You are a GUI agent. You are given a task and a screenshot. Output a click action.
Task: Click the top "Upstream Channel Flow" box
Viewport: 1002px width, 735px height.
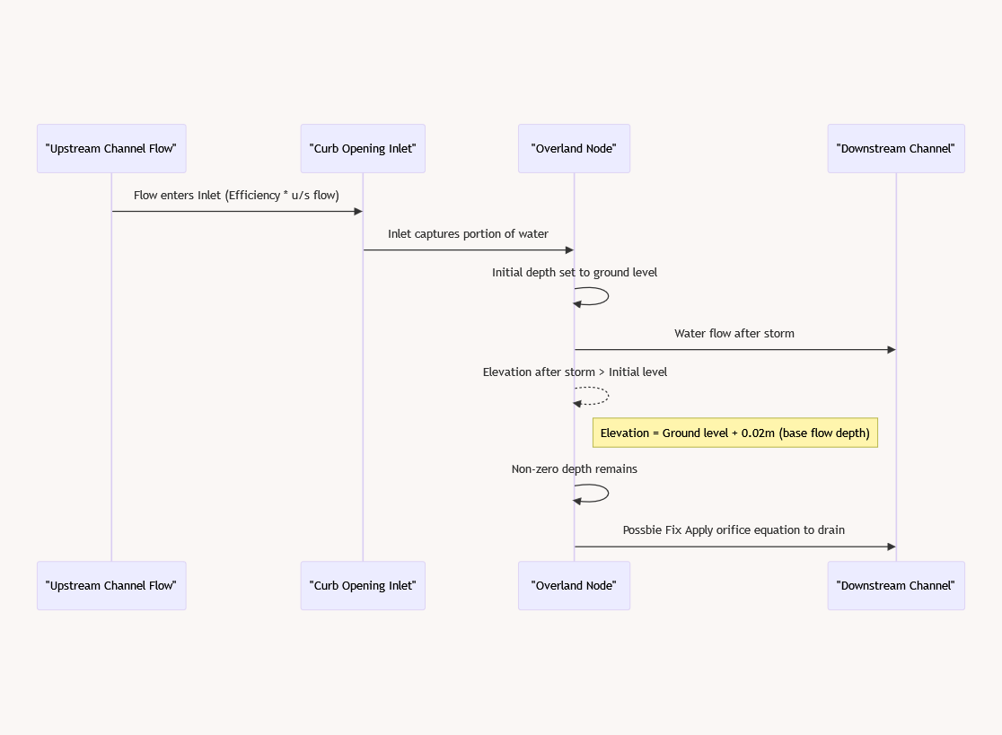click(111, 148)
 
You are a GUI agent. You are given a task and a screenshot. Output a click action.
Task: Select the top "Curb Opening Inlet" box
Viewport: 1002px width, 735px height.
click(363, 148)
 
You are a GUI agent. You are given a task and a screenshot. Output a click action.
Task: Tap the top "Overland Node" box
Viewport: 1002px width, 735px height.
click(574, 148)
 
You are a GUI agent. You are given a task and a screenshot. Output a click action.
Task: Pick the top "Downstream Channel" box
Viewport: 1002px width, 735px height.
click(895, 148)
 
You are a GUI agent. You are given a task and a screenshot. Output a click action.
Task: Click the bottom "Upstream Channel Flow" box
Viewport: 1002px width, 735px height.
click(111, 585)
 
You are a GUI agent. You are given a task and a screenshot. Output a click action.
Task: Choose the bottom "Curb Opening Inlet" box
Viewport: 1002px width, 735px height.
click(363, 585)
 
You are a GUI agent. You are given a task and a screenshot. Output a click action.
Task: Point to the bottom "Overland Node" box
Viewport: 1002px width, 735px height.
click(574, 585)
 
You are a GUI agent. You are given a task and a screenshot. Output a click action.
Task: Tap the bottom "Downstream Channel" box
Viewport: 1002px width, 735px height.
click(895, 585)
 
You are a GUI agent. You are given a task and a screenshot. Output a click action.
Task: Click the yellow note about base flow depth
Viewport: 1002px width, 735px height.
click(734, 433)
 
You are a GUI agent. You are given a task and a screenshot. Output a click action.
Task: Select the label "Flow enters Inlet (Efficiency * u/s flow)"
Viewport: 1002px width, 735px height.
click(236, 195)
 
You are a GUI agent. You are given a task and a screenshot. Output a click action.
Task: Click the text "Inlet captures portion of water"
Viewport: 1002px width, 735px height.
click(468, 233)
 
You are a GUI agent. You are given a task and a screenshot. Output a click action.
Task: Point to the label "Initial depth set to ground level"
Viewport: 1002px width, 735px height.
click(574, 272)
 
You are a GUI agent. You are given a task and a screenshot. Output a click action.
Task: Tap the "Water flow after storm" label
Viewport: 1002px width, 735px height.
click(734, 333)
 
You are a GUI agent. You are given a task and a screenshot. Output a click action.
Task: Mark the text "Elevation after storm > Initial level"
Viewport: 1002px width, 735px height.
click(574, 372)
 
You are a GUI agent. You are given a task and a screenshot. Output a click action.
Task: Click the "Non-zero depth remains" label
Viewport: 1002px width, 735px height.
click(574, 468)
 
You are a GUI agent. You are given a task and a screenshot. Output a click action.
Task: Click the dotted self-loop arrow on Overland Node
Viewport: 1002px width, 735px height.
click(603, 396)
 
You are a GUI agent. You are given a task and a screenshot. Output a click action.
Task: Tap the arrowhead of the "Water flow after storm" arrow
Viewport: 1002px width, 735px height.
click(891, 349)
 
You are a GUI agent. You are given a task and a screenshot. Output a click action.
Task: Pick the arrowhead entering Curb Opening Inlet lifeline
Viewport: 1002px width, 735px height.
click(358, 212)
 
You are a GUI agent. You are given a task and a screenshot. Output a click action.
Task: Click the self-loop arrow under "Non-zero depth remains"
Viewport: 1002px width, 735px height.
click(603, 494)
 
